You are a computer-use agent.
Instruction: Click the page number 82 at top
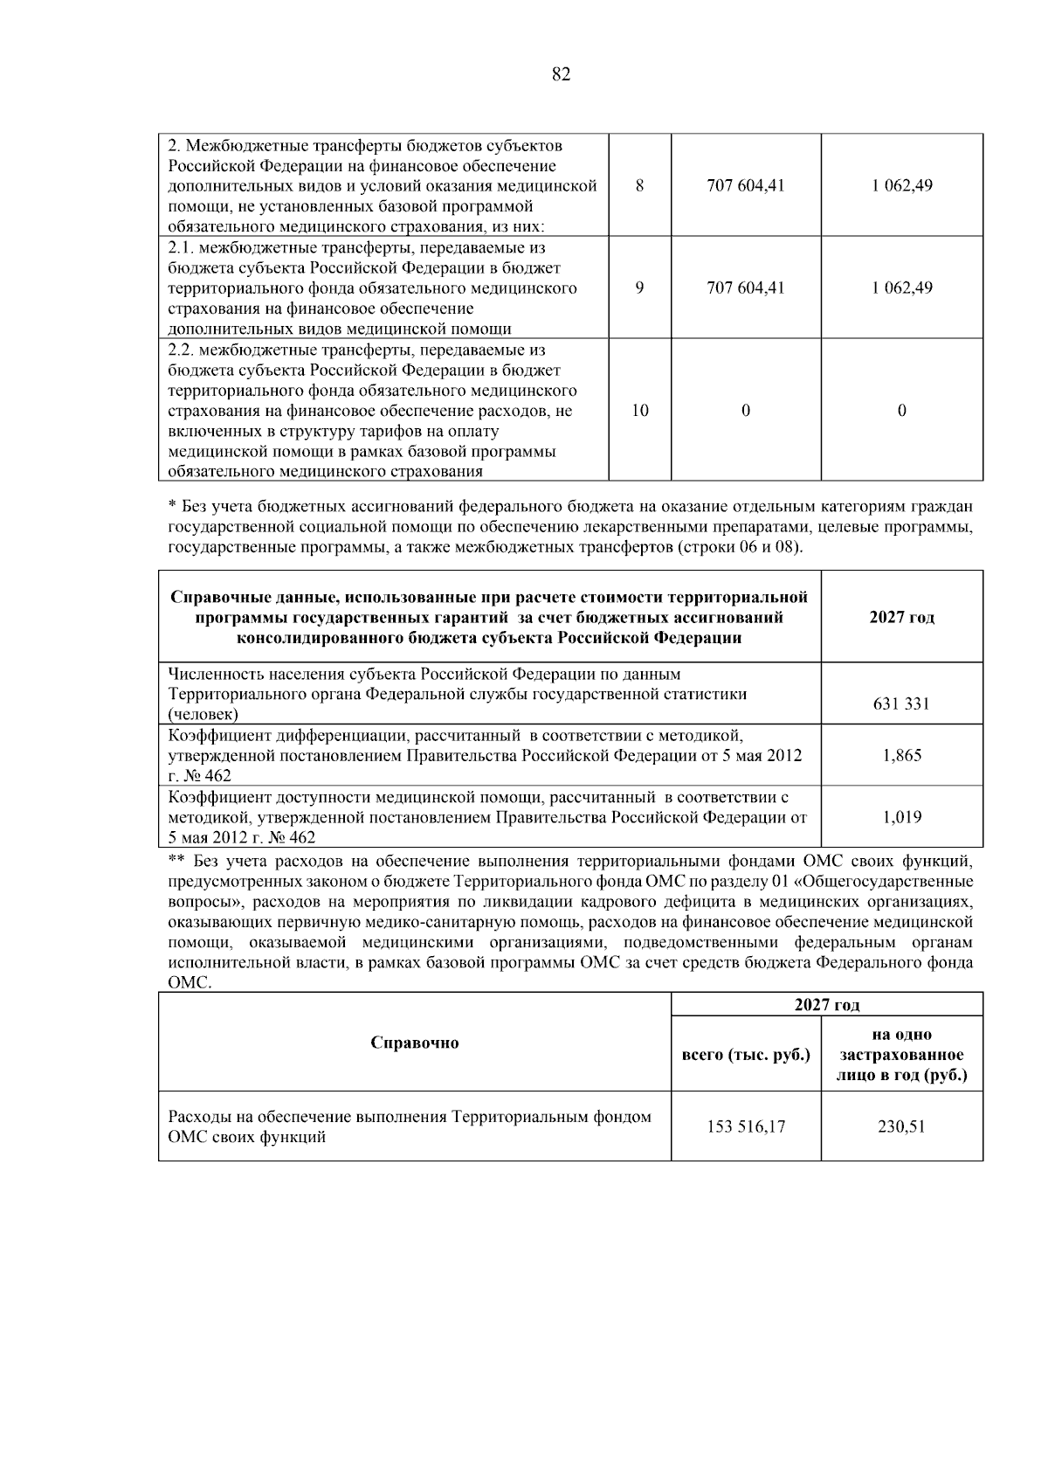click(x=562, y=74)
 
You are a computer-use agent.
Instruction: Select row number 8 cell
click(x=639, y=185)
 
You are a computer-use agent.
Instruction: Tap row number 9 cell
click(x=639, y=288)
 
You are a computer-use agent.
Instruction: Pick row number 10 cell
click(x=639, y=410)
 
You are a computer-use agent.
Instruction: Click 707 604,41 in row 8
click(x=745, y=185)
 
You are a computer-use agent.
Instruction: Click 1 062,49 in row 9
click(x=901, y=288)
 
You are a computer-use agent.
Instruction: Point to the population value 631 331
click(x=901, y=703)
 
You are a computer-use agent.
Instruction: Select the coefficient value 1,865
click(x=901, y=755)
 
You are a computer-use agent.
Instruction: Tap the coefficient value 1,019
click(x=901, y=817)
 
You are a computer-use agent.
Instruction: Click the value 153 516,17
click(x=745, y=1126)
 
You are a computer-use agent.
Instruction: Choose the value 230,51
click(x=901, y=1126)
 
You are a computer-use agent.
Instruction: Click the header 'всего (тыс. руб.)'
click(x=745, y=1054)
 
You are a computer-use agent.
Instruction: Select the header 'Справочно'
click(x=414, y=1043)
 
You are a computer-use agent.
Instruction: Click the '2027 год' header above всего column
click(x=826, y=1005)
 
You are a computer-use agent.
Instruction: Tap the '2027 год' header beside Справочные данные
click(x=901, y=617)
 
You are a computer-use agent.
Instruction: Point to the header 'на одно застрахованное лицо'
click(x=901, y=1055)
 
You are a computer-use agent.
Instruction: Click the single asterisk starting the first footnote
click(x=172, y=506)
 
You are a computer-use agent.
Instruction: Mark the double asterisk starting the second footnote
click(x=176, y=860)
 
